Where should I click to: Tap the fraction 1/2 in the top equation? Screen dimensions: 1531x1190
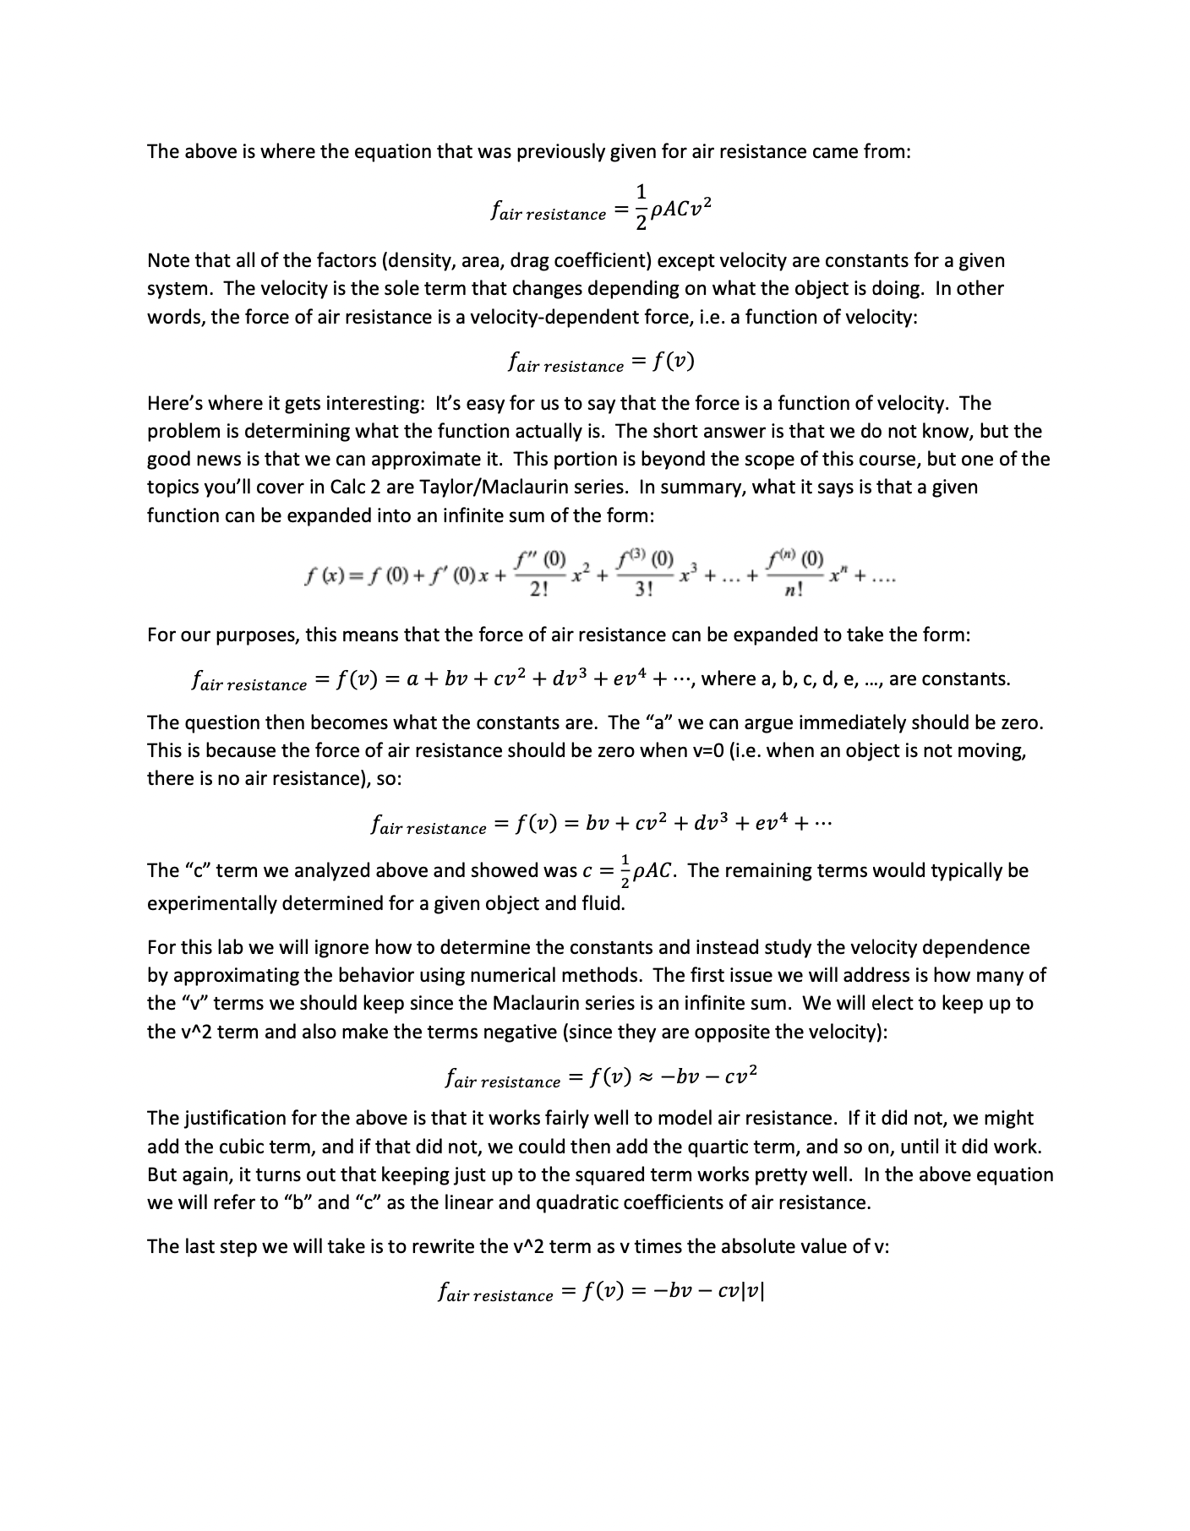pos(641,206)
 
